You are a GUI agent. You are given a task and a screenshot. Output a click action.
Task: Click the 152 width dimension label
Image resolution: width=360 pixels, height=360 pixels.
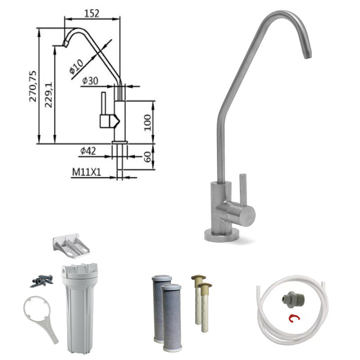tap(92, 13)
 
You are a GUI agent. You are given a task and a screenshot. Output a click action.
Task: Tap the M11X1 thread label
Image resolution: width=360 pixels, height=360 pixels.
tap(85, 171)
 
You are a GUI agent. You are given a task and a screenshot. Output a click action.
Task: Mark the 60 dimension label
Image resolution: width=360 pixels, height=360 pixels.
tap(147, 157)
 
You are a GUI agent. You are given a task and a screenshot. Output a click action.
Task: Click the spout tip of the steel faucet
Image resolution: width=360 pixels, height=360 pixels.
tap(307, 54)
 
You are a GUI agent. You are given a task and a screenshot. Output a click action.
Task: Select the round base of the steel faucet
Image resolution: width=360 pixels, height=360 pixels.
tap(222, 235)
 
